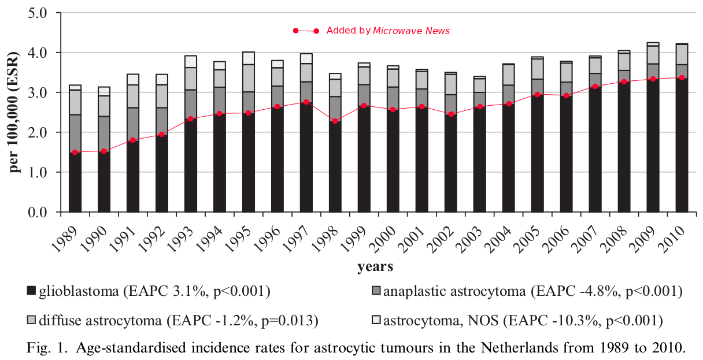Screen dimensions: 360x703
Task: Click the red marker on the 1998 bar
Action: (x=335, y=121)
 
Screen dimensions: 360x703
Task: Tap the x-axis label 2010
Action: (x=674, y=236)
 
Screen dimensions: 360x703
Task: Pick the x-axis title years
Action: (x=375, y=266)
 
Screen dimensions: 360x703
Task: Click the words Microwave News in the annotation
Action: (x=411, y=31)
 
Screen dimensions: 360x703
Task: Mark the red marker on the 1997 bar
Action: (x=306, y=102)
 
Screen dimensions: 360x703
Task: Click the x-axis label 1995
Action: (x=240, y=236)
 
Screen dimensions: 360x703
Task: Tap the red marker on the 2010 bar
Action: (x=682, y=77)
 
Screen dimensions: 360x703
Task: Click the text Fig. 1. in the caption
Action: (x=46, y=348)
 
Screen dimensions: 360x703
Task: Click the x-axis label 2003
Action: (x=472, y=236)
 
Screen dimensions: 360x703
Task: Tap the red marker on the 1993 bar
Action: (x=191, y=119)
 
